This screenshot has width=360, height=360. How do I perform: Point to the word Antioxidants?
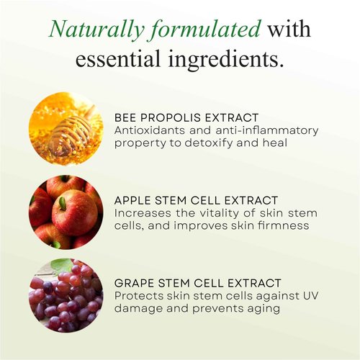click(148, 130)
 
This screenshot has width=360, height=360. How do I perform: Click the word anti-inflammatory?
click(247, 130)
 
